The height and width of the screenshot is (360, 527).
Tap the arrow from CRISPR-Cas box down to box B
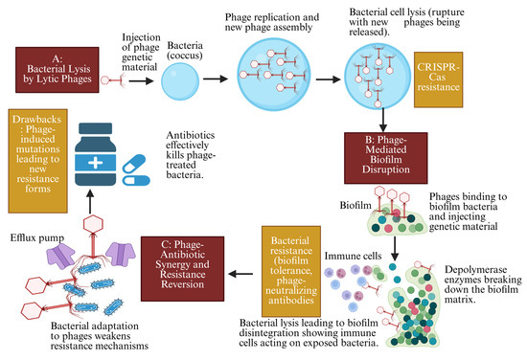tap(382, 114)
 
